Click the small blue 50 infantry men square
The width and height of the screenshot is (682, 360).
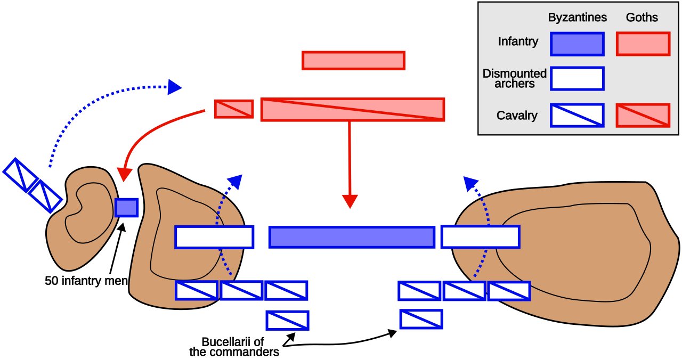(x=126, y=208)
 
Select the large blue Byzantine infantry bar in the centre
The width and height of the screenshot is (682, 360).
(x=352, y=237)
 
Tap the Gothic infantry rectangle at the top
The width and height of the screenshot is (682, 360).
(x=353, y=61)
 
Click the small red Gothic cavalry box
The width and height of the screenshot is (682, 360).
(x=234, y=109)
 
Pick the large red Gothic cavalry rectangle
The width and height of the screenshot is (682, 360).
(x=353, y=110)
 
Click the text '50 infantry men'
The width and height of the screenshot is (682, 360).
(x=86, y=281)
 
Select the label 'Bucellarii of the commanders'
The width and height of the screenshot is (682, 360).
(x=234, y=347)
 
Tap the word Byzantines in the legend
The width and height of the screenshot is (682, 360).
(x=577, y=18)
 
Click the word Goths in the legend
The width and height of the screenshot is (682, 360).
(x=642, y=18)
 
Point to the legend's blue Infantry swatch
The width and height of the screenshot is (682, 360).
(x=577, y=44)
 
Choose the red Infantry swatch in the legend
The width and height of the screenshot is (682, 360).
(x=643, y=44)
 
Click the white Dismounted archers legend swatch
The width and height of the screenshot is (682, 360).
(x=577, y=79)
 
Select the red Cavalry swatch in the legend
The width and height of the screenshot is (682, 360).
(x=643, y=116)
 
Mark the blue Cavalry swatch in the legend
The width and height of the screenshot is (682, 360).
(x=577, y=116)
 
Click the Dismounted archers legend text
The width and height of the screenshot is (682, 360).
(x=515, y=78)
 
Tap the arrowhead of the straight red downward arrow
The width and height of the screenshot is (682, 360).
(x=350, y=201)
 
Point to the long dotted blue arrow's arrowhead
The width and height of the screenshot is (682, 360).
(x=174, y=87)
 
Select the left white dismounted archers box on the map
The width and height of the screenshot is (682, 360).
(x=214, y=237)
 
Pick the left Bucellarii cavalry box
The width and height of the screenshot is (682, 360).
(x=287, y=320)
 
